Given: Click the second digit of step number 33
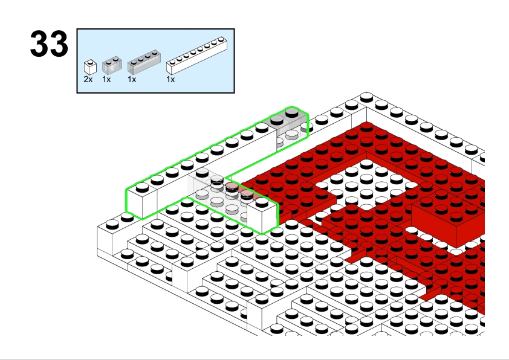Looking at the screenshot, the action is [x=59, y=43].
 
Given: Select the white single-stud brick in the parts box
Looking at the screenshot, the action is [x=90, y=67].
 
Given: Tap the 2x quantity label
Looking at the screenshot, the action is [x=88, y=79].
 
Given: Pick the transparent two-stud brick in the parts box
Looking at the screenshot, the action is [x=112, y=65].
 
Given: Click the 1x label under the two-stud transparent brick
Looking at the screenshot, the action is [x=106, y=79].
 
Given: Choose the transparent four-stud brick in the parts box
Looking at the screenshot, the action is [x=144, y=62].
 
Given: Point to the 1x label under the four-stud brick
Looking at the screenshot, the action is [x=132, y=79].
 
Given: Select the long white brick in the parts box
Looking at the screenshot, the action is [x=196, y=56].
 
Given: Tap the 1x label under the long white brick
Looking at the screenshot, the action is [x=170, y=79].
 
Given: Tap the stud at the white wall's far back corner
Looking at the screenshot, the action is [x=366, y=96].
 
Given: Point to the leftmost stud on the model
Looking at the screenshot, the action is [x=112, y=223].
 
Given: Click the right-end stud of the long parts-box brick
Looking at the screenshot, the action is [x=221, y=40].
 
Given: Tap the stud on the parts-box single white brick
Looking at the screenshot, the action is [x=90, y=62].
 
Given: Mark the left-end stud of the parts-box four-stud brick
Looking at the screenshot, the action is [x=134, y=62].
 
